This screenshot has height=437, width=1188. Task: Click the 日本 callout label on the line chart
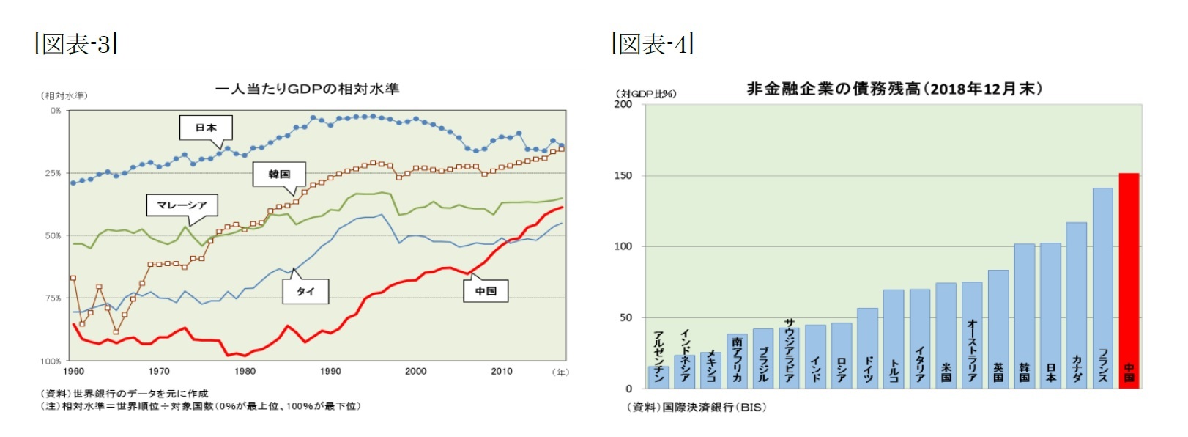coord(206,128)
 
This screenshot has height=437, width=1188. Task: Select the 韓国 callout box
coord(279,175)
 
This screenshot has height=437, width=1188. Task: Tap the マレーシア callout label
coord(182,205)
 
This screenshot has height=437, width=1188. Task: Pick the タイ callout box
coord(305,292)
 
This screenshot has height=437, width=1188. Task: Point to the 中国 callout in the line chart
coord(486,291)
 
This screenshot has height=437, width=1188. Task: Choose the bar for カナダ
coord(1076,305)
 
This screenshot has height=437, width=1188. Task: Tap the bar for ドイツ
coord(867,348)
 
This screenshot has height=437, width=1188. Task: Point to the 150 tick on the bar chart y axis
coord(623,176)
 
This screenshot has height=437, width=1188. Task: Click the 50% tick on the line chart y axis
coord(53,236)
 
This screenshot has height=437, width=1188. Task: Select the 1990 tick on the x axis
coord(330,372)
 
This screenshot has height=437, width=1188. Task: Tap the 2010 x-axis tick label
coord(502,372)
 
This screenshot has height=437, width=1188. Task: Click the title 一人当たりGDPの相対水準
coord(307,89)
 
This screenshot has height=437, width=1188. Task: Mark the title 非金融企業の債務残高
coord(894,89)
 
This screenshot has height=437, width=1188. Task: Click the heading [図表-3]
coord(75,43)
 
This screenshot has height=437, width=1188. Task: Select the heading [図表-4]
coord(652,43)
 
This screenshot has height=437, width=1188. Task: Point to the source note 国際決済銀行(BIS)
coord(696,408)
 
